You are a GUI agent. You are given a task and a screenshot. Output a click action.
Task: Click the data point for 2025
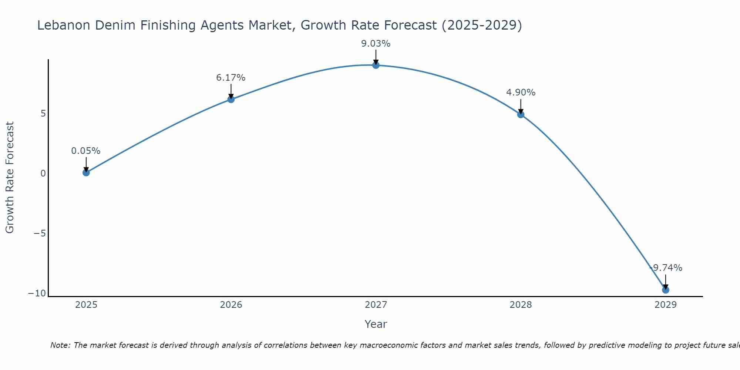[86, 172]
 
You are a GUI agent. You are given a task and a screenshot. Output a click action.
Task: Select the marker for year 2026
[231, 99]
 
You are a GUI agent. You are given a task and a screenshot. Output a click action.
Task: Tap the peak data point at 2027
[376, 65]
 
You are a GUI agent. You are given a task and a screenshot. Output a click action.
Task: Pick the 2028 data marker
[521, 114]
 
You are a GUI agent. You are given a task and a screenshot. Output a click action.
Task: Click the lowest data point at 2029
[666, 290]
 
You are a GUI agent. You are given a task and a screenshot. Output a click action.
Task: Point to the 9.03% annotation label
[376, 44]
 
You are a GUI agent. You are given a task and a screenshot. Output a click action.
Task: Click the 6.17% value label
[231, 78]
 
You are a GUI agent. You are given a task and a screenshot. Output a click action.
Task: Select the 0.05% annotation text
[86, 151]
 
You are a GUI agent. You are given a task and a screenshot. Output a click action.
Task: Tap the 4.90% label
[521, 92]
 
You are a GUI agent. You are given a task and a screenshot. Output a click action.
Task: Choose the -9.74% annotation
[666, 268]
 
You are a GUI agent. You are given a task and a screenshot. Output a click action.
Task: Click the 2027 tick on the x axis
[376, 305]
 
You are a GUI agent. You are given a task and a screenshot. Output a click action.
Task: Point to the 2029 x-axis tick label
[666, 305]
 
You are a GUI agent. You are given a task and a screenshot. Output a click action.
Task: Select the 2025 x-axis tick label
[86, 305]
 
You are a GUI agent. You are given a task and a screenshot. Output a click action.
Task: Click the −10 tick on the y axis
[37, 293]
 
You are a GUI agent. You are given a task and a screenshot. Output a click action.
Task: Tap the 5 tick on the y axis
[43, 113]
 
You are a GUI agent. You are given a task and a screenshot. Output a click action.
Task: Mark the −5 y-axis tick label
[40, 233]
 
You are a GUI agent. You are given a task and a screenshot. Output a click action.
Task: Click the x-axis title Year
[376, 324]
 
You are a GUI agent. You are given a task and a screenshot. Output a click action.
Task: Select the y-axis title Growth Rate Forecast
[10, 178]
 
